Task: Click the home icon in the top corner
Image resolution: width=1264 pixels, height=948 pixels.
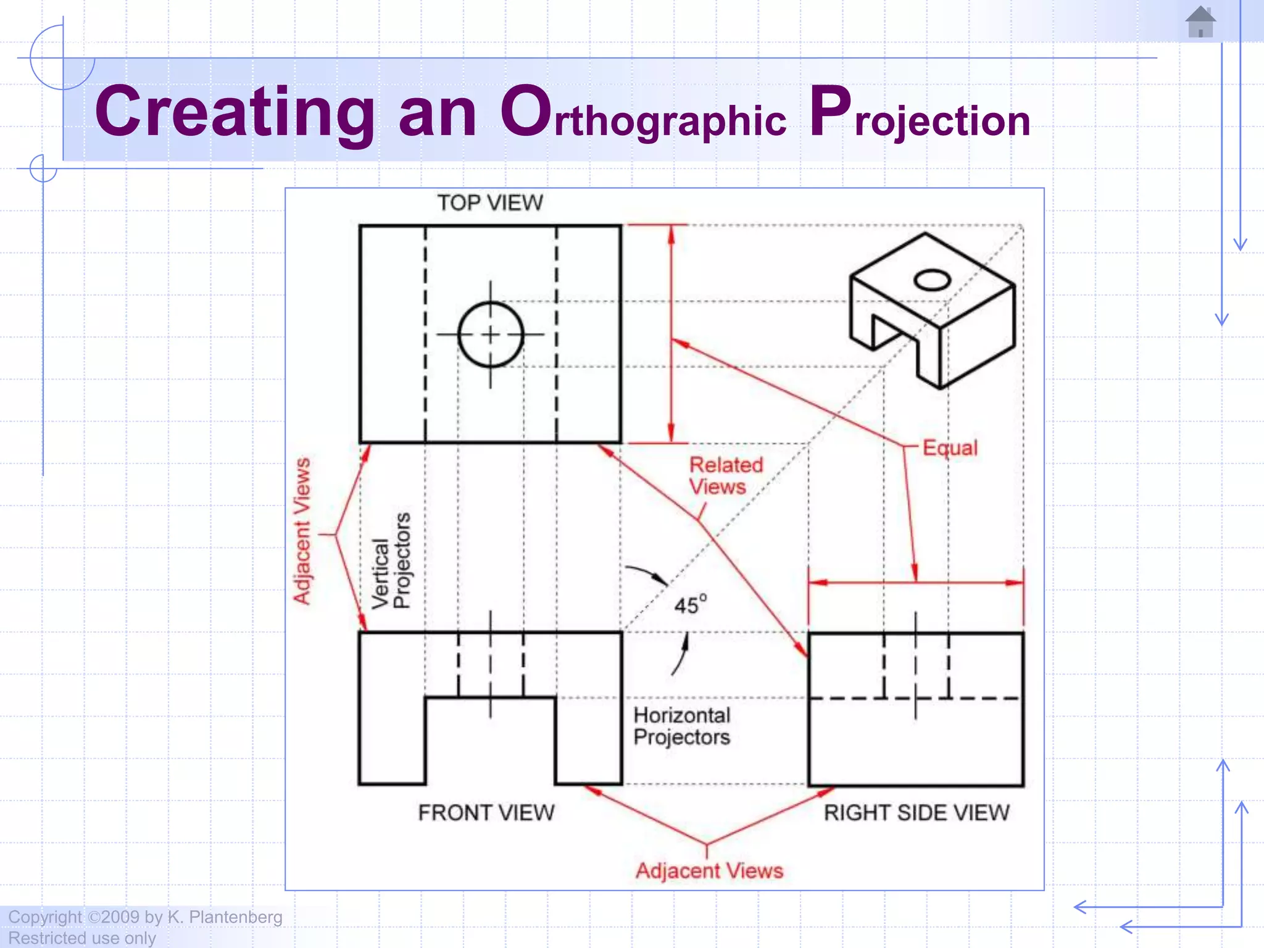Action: coord(1200,22)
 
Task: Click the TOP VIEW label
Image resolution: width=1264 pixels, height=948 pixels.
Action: coord(490,203)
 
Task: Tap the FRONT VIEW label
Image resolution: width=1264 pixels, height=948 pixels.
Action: coord(486,813)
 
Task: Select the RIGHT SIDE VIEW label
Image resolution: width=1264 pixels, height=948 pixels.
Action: coord(917,813)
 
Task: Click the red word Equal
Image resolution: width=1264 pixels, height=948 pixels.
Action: coord(950,447)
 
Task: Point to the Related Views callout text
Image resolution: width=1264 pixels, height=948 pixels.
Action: coord(725,476)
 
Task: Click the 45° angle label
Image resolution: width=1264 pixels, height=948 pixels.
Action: coord(690,605)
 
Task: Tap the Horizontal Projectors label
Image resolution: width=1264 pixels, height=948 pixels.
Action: coord(681,726)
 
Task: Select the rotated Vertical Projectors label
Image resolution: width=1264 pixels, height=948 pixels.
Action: coord(391,561)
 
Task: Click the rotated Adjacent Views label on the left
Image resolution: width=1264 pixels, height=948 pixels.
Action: coord(302,531)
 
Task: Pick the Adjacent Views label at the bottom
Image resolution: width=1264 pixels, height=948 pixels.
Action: coord(709,871)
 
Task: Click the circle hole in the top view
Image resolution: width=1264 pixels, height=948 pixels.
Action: coord(491,335)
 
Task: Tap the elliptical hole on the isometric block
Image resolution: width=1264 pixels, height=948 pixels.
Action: coord(932,280)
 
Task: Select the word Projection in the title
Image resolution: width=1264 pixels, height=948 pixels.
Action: coord(920,114)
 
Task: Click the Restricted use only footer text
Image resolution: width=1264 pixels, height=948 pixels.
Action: coord(81,938)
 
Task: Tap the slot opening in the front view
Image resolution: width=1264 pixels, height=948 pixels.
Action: coord(491,741)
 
